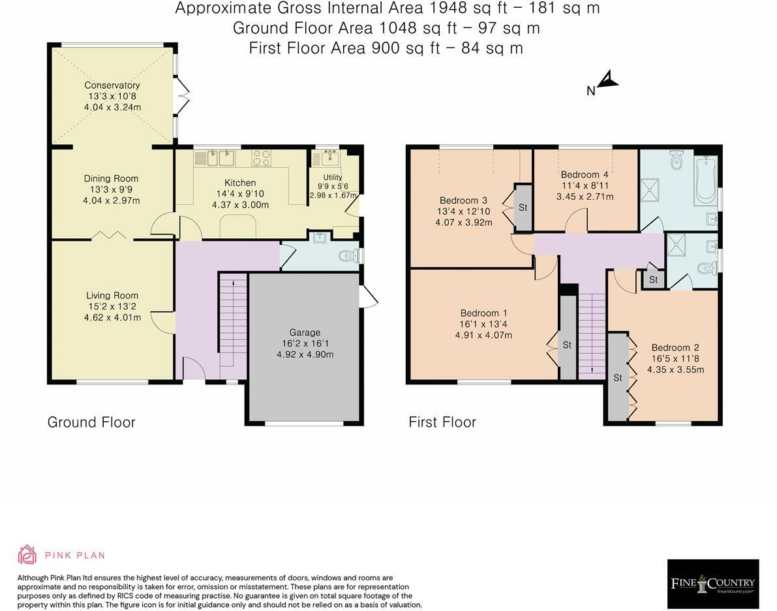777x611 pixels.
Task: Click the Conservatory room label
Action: pos(112,86)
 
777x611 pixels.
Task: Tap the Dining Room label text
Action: pos(111,179)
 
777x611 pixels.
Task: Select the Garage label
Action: pos(305,332)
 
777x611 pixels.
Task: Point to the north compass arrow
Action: pos(608,80)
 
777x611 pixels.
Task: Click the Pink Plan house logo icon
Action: pos(27,555)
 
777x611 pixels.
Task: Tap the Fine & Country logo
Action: pos(713,583)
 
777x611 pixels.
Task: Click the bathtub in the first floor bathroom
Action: pos(705,180)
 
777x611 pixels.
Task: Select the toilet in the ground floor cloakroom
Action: pos(348,257)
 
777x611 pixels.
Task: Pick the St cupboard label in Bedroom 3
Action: pos(523,208)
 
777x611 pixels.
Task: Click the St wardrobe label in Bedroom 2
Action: pos(617,378)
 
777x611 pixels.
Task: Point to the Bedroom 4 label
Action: pos(585,174)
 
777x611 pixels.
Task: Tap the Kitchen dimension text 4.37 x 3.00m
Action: pos(240,205)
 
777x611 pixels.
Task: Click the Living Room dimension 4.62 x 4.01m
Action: pos(112,317)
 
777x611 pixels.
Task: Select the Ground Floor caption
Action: pos(91,422)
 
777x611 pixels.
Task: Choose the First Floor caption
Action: pos(442,422)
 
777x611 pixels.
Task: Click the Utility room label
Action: pos(333,177)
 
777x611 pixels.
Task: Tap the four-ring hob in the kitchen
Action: pos(262,158)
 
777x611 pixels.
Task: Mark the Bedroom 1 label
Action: pos(483,313)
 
